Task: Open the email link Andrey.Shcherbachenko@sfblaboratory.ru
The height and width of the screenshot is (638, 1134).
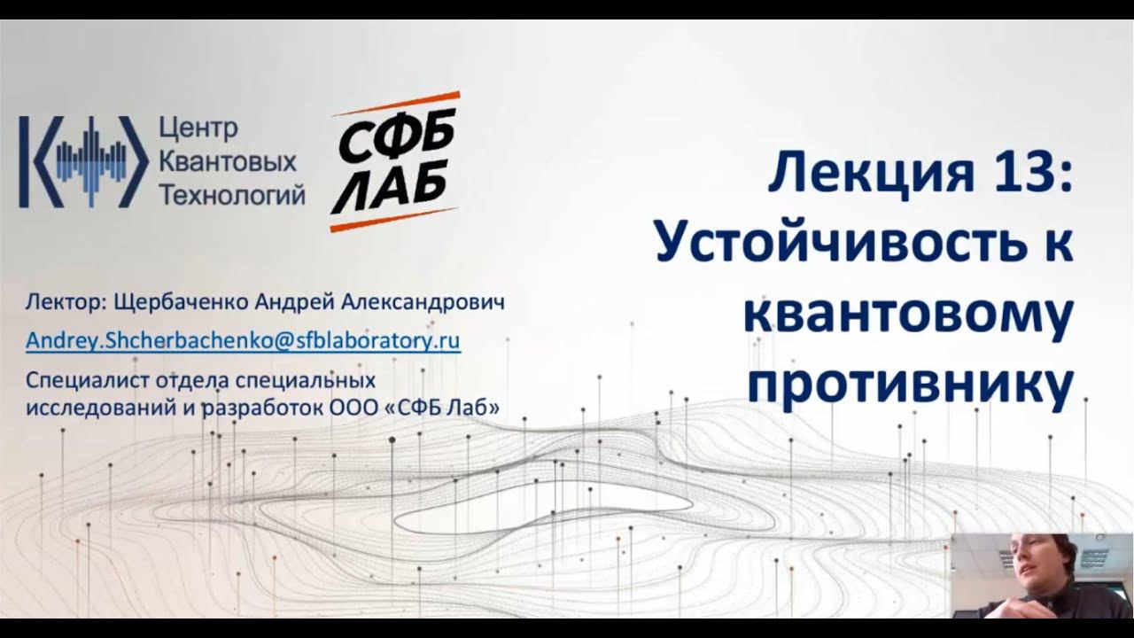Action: pyautogui.click(x=243, y=341)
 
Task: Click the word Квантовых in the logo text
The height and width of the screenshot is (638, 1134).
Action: pyautogui.click(x=227, y=162)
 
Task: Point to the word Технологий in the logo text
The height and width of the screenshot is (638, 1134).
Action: pyautogui.click(x=231, y=194)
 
